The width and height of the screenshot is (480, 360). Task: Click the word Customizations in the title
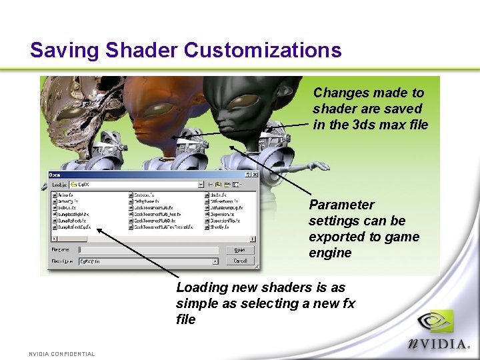click(263, 51)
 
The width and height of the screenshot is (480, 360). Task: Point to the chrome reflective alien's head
click(73, 107)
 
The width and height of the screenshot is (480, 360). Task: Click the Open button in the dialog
click(240, 250)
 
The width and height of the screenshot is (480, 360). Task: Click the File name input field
click(149, 251)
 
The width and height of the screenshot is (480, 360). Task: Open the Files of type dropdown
click(149, 261)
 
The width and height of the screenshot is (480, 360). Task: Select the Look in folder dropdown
click(141, 183)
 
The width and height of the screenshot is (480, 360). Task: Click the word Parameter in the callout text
click(341, 205)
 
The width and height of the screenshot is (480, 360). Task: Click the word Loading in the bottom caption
click(200, 287)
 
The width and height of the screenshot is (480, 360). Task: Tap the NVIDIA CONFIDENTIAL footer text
click(61, 353)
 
